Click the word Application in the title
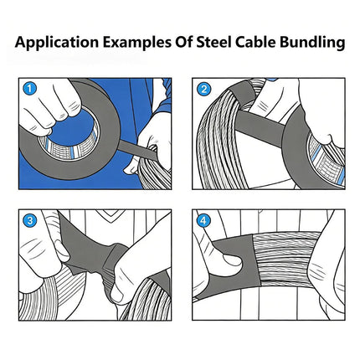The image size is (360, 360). click(x=57, y=43)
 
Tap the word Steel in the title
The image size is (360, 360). click(x=213, y=42)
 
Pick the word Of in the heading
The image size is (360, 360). click(x=183, y=42)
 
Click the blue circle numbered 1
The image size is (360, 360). click(x=30, y=89)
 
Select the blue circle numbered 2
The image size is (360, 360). click(x=203, y=89)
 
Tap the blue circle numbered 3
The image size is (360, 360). click(x=30, y=221)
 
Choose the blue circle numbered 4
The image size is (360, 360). click(x=203, y=221)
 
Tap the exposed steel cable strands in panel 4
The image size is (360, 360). click(x=285, y=258)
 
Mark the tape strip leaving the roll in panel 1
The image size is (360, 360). click(x=136, y=150)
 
